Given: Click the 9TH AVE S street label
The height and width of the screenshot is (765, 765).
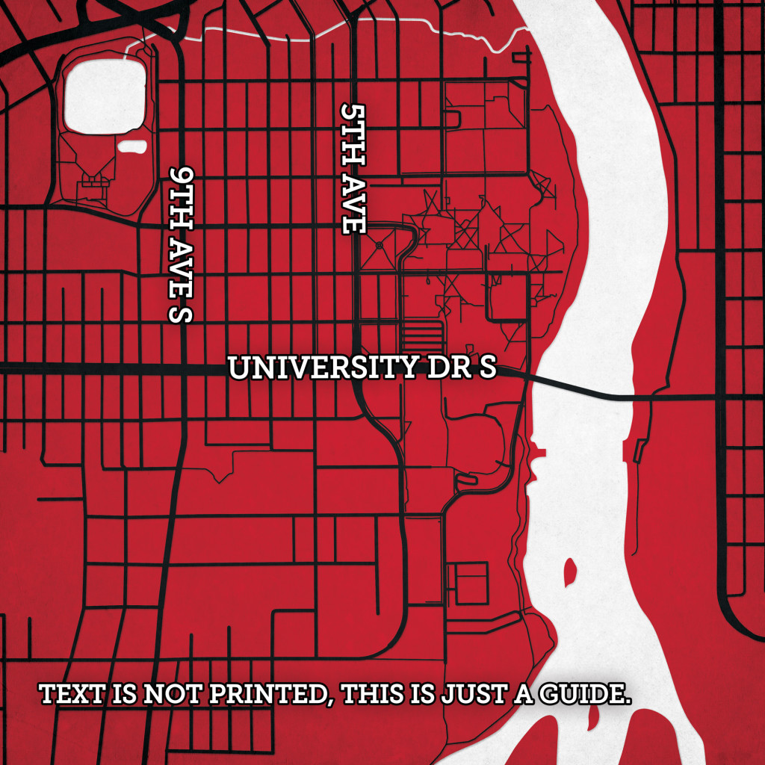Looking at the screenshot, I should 182,244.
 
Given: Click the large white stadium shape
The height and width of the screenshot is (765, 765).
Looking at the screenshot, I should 105,95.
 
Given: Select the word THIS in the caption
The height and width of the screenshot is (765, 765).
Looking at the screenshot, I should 376,694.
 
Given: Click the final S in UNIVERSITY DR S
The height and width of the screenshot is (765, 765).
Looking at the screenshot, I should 487,368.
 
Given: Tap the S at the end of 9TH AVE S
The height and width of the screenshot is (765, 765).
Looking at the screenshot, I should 182,312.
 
